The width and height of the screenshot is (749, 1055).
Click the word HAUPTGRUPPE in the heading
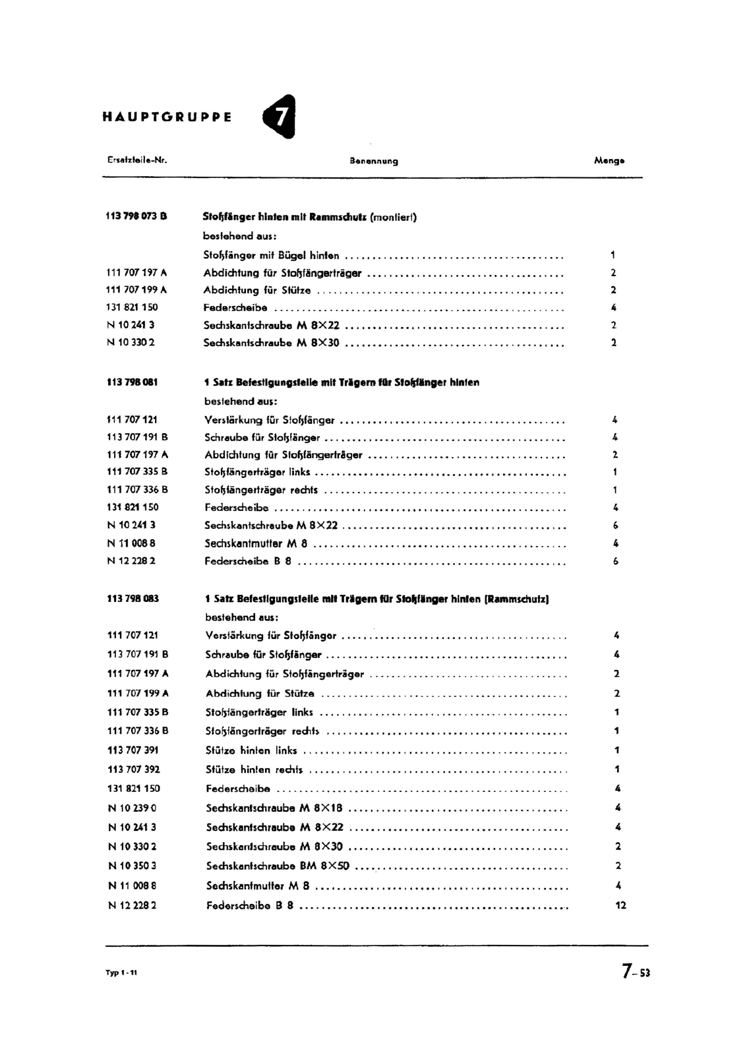pyautogui.click(x=167, y=118)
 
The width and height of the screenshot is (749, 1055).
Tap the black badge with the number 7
pyautogui.click(x=280, y=117)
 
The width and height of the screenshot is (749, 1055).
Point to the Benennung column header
pyautogui.click(x=374, y=161)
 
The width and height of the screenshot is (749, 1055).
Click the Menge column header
pyautogui.click(x=609, y=160)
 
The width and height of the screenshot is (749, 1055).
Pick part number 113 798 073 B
pyautogui.click(x=136, y=216)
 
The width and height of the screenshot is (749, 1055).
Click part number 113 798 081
pyautogui.click(x=132, y=382)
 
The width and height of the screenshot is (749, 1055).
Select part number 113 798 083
pyautogui.click(x=133, y=599)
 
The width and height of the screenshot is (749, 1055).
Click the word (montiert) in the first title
pyautogui.click(x=393, y=216)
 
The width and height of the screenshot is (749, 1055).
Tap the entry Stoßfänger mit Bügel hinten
pyautogui.click(x=271, y=255)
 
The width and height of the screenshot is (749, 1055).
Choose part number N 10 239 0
pyautogui.click(x=132, y=808)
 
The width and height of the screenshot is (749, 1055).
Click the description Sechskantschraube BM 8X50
pyautogui.click(x=278, y=866)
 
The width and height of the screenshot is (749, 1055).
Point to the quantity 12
pyautogui.click(x=620, y=905)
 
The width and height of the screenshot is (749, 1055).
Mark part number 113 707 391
pyautogui.click(x=133, y=750)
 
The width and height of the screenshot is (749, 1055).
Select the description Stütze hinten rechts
pyautogui.click(x=254, y=769)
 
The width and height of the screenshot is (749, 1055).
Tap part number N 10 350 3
pyautogui.click(x=132, y=866)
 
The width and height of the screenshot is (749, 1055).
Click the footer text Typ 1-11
pyautogui.click(x=121, y=974)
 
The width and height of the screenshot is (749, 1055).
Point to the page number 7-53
pyautogui.click(x=635, y=971)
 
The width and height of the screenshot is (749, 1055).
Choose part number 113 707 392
pyautogui.click(x=133, y=769)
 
